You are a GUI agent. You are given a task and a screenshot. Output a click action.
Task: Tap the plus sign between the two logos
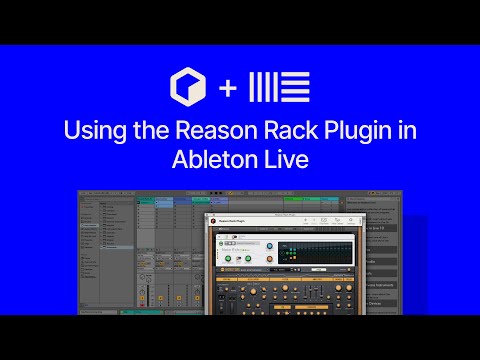(228, 88)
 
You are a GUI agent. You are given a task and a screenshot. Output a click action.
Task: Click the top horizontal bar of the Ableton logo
(293, 76)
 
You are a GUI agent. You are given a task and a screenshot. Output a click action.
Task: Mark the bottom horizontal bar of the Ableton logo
(293, 100)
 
